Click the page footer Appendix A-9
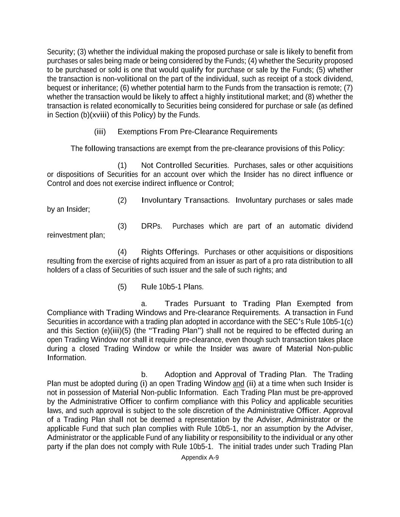click(x=200, y=457)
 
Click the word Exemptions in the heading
click(x=132, y=131)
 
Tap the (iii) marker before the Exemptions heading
click(x=100, y=131)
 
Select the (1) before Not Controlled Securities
click(x=122, y=165)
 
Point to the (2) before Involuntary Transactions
click(x=122, y=200)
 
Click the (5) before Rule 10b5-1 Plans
click(x=122, y=286)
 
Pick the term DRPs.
click(x=151, y=226)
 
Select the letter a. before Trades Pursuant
click(x=144, y=303)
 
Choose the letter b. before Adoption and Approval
click(x=144, y=374)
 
